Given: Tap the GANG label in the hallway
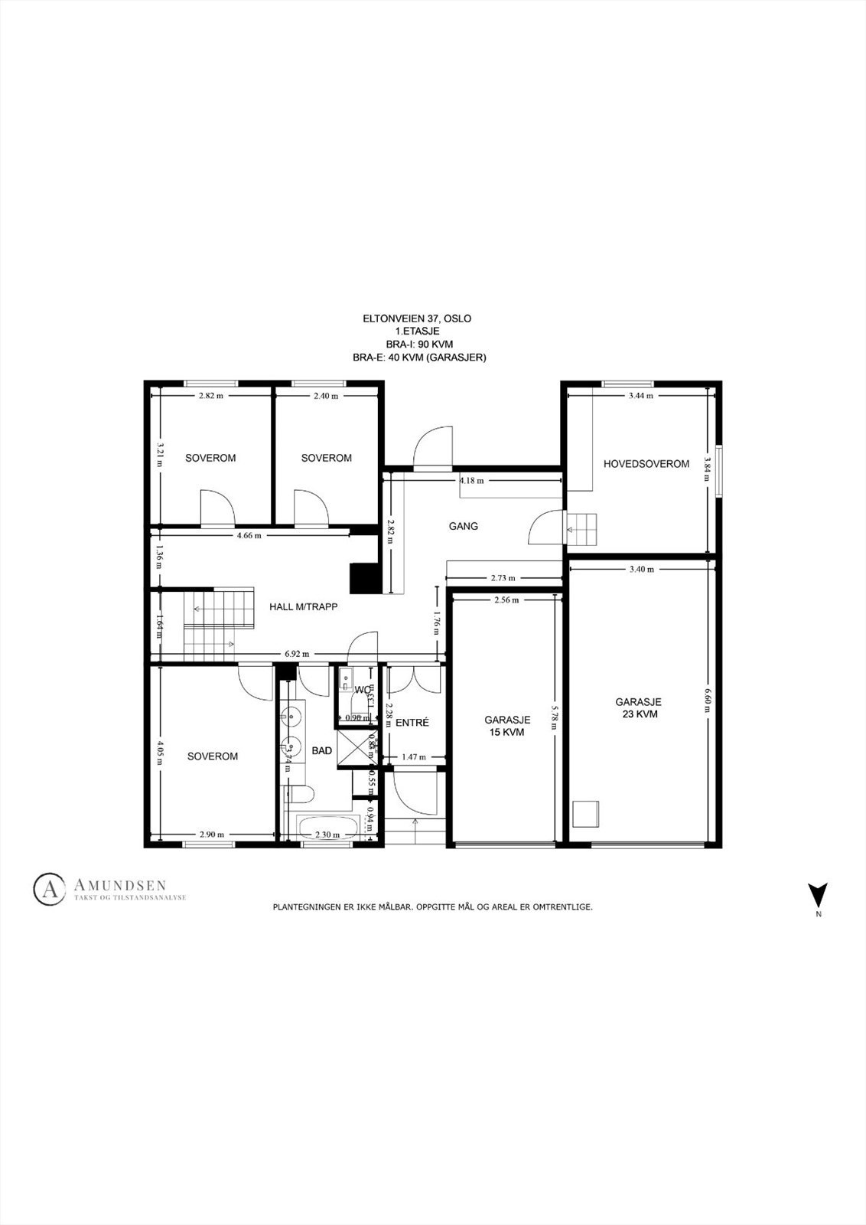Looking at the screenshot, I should tap(464, 526).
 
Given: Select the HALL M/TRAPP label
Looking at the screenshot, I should tap(303, 606).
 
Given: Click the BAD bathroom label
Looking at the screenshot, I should tap(322, 751).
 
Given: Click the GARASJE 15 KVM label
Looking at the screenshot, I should tap(507, 726).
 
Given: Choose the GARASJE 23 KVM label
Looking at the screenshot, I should tap(638, 707).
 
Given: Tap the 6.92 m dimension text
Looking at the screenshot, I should tap(297, 654).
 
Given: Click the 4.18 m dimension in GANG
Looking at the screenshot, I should tap(471, 481).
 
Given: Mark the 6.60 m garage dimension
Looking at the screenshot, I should tap(707, 698).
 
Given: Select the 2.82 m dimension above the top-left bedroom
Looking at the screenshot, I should tap(210, 396).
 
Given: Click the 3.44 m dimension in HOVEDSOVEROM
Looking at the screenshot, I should tap(640, 396).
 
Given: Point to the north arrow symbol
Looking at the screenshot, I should tap(818, 894).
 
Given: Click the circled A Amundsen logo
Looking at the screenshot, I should tap(49, 888).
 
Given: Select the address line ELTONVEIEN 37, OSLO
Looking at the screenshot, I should tap(422, 318).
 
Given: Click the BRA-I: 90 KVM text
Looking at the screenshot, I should tap(422, 345).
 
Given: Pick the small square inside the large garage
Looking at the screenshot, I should tap(586, 813).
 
